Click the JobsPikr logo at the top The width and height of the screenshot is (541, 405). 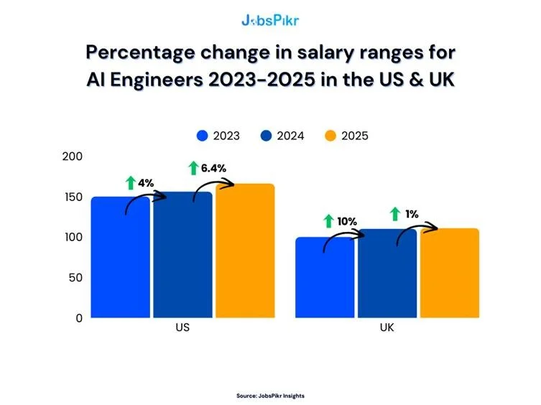pos(270,20)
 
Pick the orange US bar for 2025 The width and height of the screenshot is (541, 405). pos(245,251)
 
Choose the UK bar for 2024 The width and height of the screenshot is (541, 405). pos(387,274)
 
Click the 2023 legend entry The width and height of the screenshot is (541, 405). pos(218,136)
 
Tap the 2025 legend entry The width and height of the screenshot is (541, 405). pos(346,136)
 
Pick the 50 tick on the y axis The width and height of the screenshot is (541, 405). pos(76,277)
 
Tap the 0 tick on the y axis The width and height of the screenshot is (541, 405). pos(80,317)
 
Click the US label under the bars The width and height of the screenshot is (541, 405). pos(182,328)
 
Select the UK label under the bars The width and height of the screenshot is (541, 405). pos(387,328)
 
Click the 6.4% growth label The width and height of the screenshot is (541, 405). pos(213,168)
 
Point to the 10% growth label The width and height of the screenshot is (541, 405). pos(347,221)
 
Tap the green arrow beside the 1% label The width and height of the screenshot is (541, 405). pos(394,213)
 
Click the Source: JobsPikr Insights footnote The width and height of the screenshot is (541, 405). pos(270,395)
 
